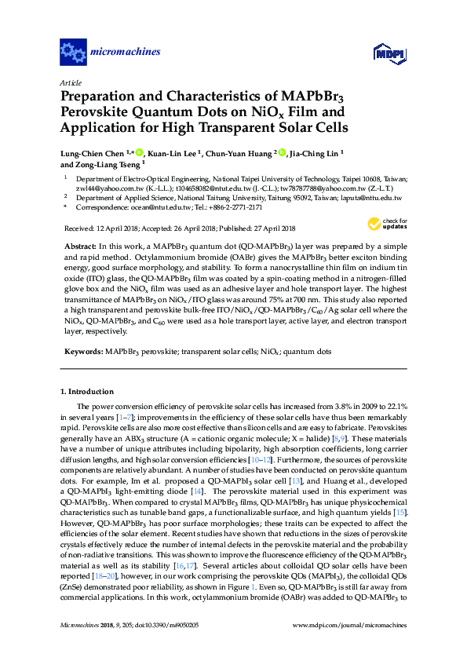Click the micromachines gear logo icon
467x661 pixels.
point(73,53)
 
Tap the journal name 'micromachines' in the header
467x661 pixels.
point(126,53)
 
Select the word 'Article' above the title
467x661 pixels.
point(70,82)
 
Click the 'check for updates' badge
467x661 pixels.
point(392,225)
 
